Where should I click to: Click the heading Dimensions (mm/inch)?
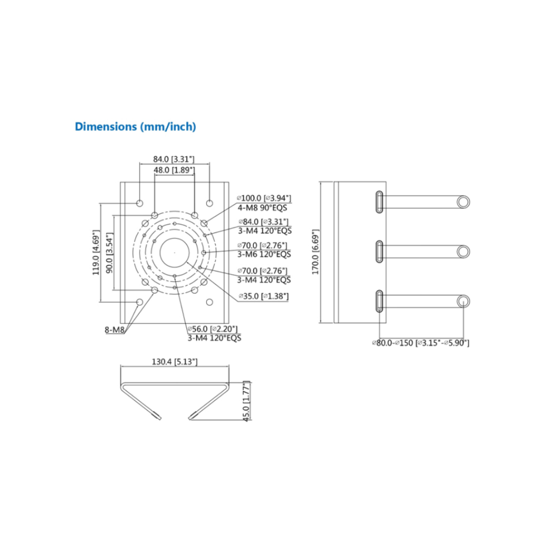pyautogui.click(x=135, y=127)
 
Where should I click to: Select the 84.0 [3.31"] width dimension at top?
pyautogui.click(x=174, y=159)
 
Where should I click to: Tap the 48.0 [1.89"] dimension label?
pyautogui.click(x=174, y=170)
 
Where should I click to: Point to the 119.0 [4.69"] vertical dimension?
pyautogui.click(x=96, y=252)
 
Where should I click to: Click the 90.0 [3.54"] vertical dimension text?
pyautogui.click(x=110, y=253)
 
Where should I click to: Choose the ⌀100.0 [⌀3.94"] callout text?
pyautogui.click(x=264, y=198)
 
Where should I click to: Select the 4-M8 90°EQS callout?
pyautogui.click(x=262, y=208)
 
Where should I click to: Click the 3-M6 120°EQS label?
pyautogui.click(x=264, y=254)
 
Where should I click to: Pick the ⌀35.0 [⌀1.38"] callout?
pyautogui.click(x=264, y=296)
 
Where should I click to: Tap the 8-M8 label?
pyautogui.click(x=114, y=330)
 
